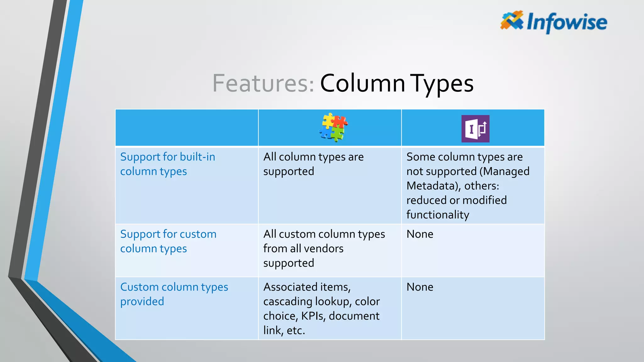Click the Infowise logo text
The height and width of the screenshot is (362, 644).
[x=567, y=22]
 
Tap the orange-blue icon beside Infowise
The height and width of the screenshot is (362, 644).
[x=512, y=20]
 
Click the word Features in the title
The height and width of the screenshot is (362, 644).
[x=263, y=83]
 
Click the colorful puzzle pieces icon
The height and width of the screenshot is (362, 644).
[x=333, y=127]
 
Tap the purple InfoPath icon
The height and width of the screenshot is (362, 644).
[x=475, y=129]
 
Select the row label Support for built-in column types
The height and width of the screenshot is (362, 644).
[x=168, y=164]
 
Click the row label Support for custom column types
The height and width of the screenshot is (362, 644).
[x=168, y=241]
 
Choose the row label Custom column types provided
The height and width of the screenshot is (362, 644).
[x=174, y=294]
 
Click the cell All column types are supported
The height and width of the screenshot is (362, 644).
[x=313, y=164]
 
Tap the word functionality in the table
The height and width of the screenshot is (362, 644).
[x=437, y=215]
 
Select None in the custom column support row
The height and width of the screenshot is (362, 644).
[x=420, y=234]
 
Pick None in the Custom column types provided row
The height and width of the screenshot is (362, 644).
[x=420, y=287]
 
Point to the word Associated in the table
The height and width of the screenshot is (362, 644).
[x=290, y=287]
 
